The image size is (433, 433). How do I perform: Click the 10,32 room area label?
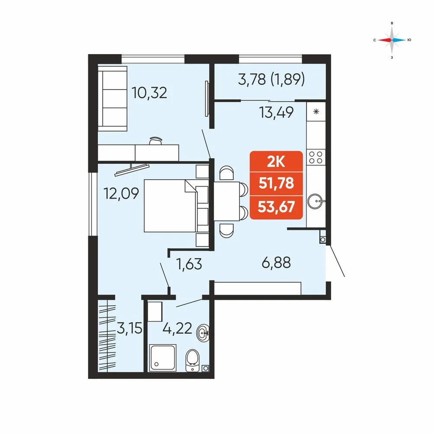point(149,93)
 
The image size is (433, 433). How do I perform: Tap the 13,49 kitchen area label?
point(276,113)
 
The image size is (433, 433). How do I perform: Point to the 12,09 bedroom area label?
point(121,193)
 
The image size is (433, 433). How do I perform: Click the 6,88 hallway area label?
point(276,262)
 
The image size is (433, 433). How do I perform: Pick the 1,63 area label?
point(189,264)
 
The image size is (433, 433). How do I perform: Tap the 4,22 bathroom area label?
point(177,329)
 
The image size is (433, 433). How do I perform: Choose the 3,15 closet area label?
point(129,328)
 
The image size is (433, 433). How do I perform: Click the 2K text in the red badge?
point(276,162)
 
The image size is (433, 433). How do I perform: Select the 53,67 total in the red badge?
point(276,207)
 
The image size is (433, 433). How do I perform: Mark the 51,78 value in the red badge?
point(276,183)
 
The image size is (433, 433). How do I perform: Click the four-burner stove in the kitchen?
point(316,157)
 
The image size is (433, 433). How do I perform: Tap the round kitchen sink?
point(315,201)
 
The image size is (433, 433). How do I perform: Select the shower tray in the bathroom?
point(163,358)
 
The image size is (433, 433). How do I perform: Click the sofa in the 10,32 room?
point(113,98)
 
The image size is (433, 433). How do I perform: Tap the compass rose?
point(392,40)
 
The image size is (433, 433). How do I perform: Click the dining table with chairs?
point(231,202)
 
